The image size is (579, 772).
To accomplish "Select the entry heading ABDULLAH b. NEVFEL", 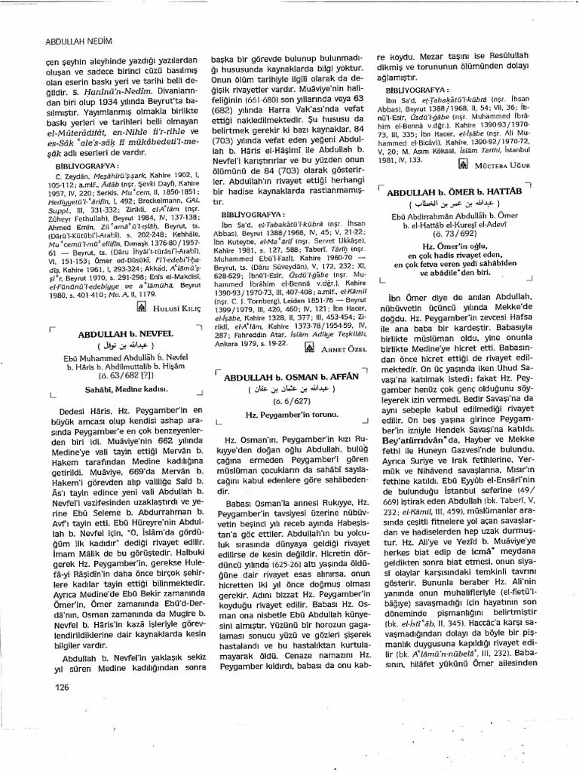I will tap(126, 332).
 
